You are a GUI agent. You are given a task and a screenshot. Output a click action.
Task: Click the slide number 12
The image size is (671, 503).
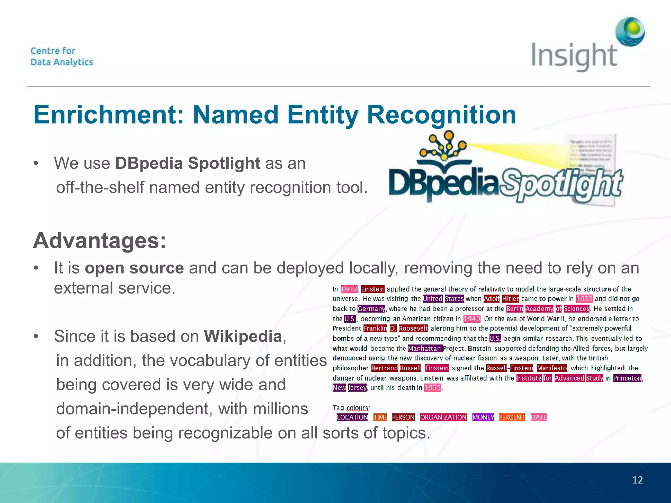pyautogui.click(x=637, y=480)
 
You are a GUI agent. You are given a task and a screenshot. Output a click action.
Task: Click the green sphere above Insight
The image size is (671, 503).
pyautogui.click(x=630, y=31)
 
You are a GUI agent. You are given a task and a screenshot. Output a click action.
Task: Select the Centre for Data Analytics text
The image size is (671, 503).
pyautogui.click(x=62, y=56)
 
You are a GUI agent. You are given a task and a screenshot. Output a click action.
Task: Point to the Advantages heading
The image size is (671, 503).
pyautogui.click(x=100, y=240)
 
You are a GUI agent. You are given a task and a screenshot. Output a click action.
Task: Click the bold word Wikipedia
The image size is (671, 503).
pyautogui.click(x=243, y=336)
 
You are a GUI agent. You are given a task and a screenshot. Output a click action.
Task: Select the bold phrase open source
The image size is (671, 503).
pyautogui.click(x=134, y=268)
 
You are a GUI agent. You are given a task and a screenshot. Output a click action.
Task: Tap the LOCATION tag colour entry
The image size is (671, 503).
pyautogui.click(x=353, y=417)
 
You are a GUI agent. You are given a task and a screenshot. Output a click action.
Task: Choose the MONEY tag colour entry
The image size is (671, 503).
pyautogui.click(x=483, y=417)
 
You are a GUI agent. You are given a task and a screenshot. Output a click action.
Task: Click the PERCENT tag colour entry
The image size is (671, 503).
pyautogui.click(x=512, y=417)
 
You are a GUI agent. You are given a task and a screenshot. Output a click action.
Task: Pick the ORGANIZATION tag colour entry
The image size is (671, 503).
pyautogui.click(x=443, y=417)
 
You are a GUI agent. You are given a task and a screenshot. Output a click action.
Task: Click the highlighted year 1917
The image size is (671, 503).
pyautogui.click(x=349, y=289)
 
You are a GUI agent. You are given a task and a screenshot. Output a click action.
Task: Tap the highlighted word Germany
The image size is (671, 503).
pyautogui.click(x=371, y=309)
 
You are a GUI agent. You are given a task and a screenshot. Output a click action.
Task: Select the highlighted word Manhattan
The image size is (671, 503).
pyautogui.click(x=425, y=348)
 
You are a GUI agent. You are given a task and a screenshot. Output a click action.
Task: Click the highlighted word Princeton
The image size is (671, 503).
pyautogui.click(x=627, y=378)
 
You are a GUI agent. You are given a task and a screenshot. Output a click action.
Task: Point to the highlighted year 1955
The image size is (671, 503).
pyautogui.click(x=433, y=388)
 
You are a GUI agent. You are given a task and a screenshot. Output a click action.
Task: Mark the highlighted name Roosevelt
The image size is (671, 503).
pyautogui.click(x=413, y=328)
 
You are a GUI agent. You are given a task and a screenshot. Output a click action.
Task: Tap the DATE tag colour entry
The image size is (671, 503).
pyautogui.click(x=539, y=417)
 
